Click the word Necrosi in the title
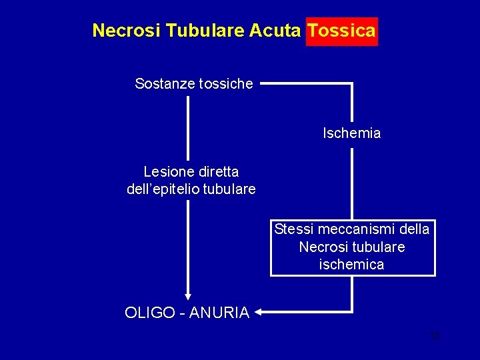[x=126, y=31]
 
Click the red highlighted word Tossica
[x=341, y=31]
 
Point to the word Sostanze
[x=163, y=84]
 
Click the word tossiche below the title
[x=224, y=84]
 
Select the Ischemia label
[x=352, y=133]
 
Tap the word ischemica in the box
[x=352, y=265]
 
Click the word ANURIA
[x=219, y=313]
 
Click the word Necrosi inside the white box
[x=321, y=247]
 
